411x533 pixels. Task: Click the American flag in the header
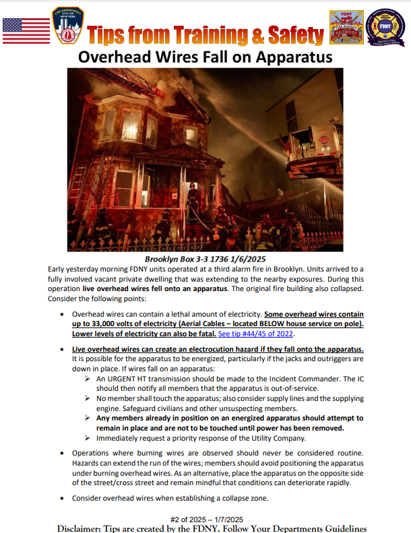(26, 30)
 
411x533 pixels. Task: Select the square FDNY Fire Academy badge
(346, 28)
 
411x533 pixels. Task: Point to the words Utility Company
(269, 437)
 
